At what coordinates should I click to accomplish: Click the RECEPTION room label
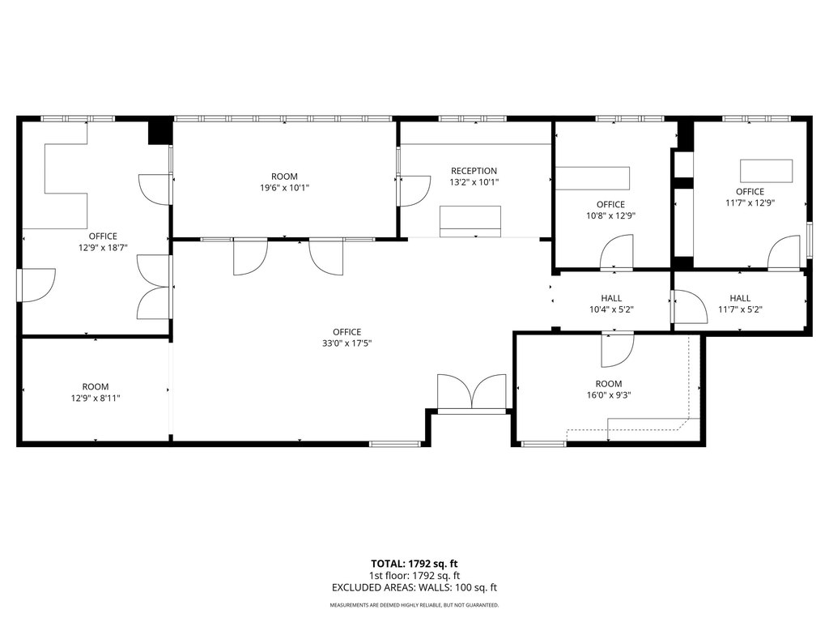click(x=474, y=171)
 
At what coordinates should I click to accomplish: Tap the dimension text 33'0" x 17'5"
click(x=346, y=343)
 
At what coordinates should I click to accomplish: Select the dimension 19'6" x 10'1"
click(x=284, y=188)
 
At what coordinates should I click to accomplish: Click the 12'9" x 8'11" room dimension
click(x=96, y=398)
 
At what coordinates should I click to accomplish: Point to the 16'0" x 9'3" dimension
click(x=609, y=395)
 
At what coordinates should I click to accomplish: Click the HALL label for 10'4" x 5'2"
click(x=611, y=298)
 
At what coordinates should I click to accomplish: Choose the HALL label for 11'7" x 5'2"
click(x=740, y=298)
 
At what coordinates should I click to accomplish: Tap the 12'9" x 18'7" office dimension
click(x=103, y=248)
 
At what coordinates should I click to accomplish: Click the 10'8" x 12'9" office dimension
click(x=610, y=215)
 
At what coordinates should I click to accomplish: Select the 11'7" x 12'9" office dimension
click(x=750, y=202)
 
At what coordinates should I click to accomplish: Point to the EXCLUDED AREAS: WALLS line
click(x=414, y=588)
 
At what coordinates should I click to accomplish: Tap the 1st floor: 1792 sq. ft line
click(x=414, y=576)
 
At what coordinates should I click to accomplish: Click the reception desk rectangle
click(x=470, y=222)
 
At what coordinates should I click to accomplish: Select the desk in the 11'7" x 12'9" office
click(x=766, y=172)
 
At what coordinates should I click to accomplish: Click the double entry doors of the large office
click(x=472, y=392)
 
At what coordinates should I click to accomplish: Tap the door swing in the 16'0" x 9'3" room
click(x=618, y=350)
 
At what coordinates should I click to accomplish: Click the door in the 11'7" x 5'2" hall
click(x=691, y=307)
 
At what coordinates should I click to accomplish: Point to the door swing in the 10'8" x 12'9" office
click(x=616, y=253)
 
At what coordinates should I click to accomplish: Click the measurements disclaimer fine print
click(x=414, y=605)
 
